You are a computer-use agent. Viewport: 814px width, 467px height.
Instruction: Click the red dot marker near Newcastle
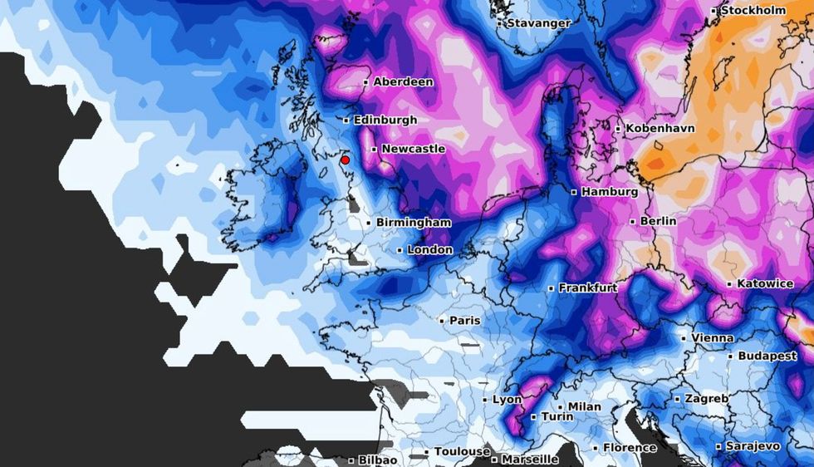coord(345,160)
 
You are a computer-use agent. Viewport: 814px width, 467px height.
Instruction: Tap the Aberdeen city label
coord(403,82)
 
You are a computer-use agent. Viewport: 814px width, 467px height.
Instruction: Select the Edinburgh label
coord(385,120)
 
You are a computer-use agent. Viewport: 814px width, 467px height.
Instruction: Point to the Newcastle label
coord(413,150)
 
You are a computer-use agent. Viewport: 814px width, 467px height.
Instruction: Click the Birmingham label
coord(414,223)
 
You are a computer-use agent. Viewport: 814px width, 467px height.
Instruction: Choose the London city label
coord(430,250)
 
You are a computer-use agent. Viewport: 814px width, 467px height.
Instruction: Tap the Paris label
coord(464,321)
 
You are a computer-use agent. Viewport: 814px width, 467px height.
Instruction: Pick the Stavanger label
coord(538,23)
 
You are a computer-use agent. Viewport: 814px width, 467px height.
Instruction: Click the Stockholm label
coord(753,11)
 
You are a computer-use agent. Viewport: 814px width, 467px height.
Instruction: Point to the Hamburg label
coord(610,192)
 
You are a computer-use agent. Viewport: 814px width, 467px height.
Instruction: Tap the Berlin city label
coord(658,222)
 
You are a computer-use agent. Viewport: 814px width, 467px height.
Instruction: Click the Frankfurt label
coord(587,288)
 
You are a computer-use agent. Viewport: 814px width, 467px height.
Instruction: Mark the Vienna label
coord(713,338)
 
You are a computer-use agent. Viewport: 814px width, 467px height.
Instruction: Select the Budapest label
coord(767,356)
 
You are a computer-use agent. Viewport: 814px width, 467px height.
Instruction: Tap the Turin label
coord(557,417)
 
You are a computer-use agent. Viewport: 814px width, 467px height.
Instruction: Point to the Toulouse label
coord(462,452)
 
